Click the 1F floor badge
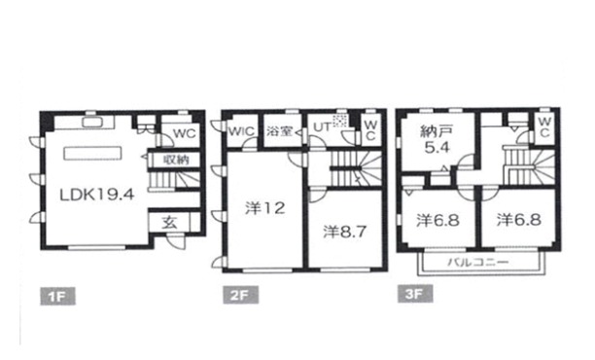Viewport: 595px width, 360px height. (57, 296)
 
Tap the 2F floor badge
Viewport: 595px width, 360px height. (240, 295)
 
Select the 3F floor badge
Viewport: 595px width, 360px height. (415, 294)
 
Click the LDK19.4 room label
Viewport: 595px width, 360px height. (97, 195)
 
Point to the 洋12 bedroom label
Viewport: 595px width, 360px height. (264, 208)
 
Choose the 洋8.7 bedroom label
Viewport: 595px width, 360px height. (344, 232)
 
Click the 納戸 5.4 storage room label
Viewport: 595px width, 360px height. (437, 139)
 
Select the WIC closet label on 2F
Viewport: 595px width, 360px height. (241, 131)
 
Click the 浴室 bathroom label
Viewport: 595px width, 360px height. (279, 131)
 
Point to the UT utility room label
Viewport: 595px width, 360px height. (322, 127)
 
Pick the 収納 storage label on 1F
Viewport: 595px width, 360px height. (176, 160)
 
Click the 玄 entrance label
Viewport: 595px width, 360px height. (169, 223)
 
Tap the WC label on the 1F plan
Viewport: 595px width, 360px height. (185, 133)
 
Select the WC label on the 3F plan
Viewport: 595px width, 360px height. (544, 127)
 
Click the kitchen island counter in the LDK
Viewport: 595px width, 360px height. (93, 153)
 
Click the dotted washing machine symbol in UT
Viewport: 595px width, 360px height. (340, 121)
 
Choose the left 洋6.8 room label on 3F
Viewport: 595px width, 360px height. (437, 220)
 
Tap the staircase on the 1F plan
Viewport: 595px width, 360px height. (174, 180)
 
